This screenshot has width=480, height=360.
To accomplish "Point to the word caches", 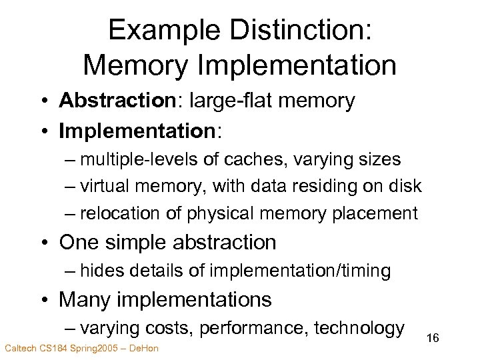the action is tap(275, 159).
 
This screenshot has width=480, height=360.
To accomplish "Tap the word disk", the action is tap(405, 186).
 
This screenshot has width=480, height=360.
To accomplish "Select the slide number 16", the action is tap(433, 338).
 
